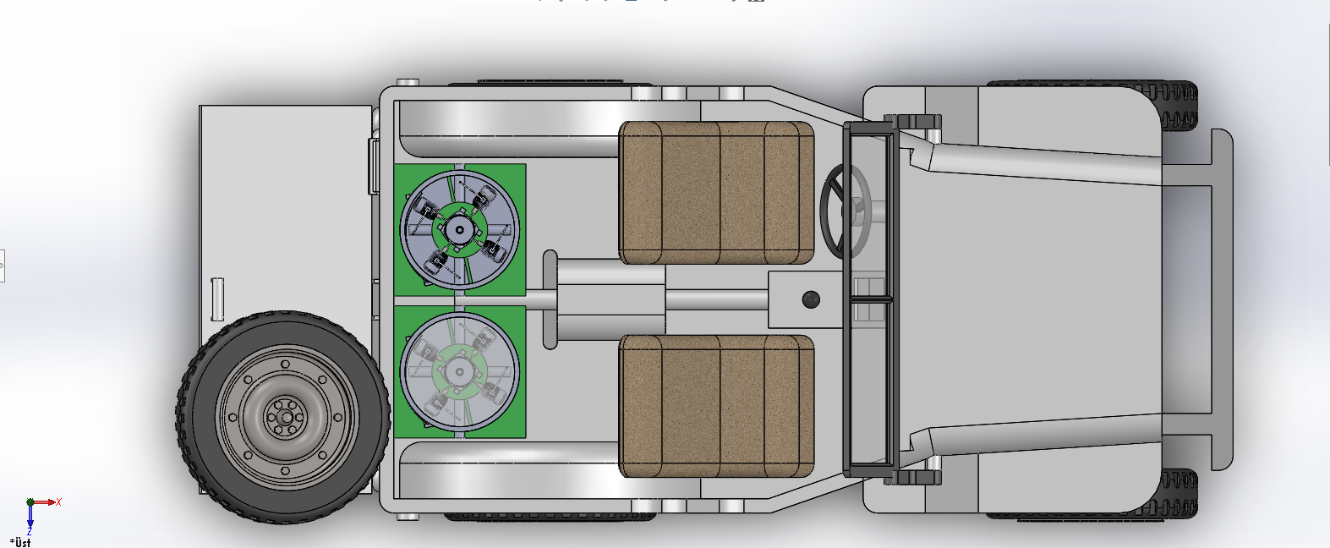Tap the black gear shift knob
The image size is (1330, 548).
pyautogui.click(x=811, y=299)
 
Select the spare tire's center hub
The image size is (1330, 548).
pyautogui.click(x=286, y=418)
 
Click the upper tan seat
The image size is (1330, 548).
pyautogui.click(x=716, y=193)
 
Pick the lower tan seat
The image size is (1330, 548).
pyautogui.click(x=716, y=406)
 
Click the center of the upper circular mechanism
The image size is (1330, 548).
pyautogui.click(x=459, y=230)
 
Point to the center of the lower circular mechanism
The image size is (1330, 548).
pyautogui.click(x=459, y=371)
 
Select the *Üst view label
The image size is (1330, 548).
pyautogui.click(x=20, y=542)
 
